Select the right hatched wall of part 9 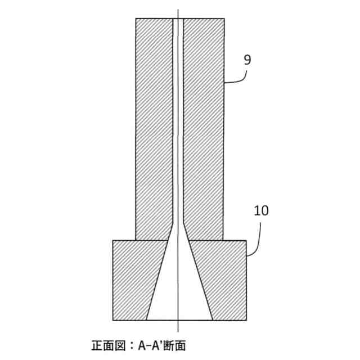pos(204,124)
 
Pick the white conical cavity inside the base pos(179,292)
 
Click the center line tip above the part pos(178,10)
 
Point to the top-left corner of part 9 pos(136,19)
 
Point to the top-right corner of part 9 pos(224,19)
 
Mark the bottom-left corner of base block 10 pos(113,320)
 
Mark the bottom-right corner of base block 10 pos(246,320)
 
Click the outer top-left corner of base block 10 pos(113,240)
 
